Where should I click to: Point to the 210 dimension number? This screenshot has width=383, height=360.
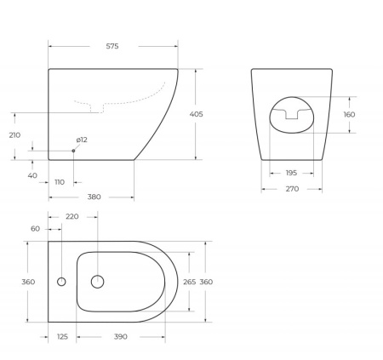[14, 134]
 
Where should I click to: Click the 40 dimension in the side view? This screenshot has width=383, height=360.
[32, 175]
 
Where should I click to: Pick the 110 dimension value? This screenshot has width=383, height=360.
[60, 182]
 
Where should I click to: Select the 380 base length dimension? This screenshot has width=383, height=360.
[94, 197]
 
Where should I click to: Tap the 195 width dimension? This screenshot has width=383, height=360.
[292, 172]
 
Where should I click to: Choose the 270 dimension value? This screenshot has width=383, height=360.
[292, 189]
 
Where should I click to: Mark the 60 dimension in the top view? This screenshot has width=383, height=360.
[35, 229]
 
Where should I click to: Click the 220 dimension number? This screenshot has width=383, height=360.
[71, 217]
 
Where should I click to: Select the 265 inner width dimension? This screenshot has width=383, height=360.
[189, 282]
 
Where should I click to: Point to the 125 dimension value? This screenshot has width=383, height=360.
[61, 336]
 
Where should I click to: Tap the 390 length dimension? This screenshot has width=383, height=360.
[122, 336]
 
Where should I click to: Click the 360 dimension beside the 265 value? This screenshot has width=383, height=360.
[206, 282]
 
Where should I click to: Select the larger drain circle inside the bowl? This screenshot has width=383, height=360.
[97, 282]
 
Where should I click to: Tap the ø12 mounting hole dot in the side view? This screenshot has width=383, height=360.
[73, 151]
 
